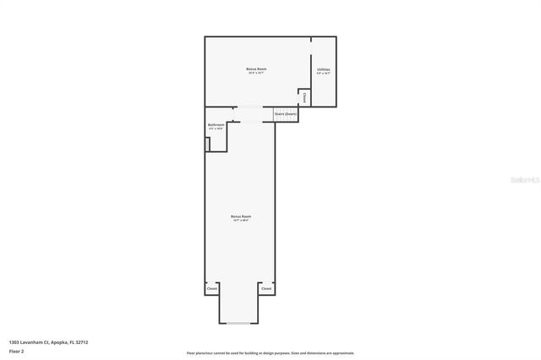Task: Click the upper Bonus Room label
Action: click(251, 68)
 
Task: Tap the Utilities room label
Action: click(323, 68)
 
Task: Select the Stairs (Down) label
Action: click(286, 113)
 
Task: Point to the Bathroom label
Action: click(216, 124)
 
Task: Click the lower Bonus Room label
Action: click(241, 216)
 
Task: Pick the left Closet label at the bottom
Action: click(212, 289)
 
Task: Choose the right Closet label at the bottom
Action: click(266, 289)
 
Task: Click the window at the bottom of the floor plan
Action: click(239, 324)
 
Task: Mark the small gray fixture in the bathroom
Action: click(207, 144)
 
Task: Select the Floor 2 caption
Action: click(17, 350)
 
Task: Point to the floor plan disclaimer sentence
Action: click(270, 352)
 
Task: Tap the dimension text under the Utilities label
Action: click(323, 74)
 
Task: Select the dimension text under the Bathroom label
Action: click(216, 128)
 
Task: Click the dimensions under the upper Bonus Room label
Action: click(251, 73)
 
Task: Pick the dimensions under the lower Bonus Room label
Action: click(241, 221)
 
